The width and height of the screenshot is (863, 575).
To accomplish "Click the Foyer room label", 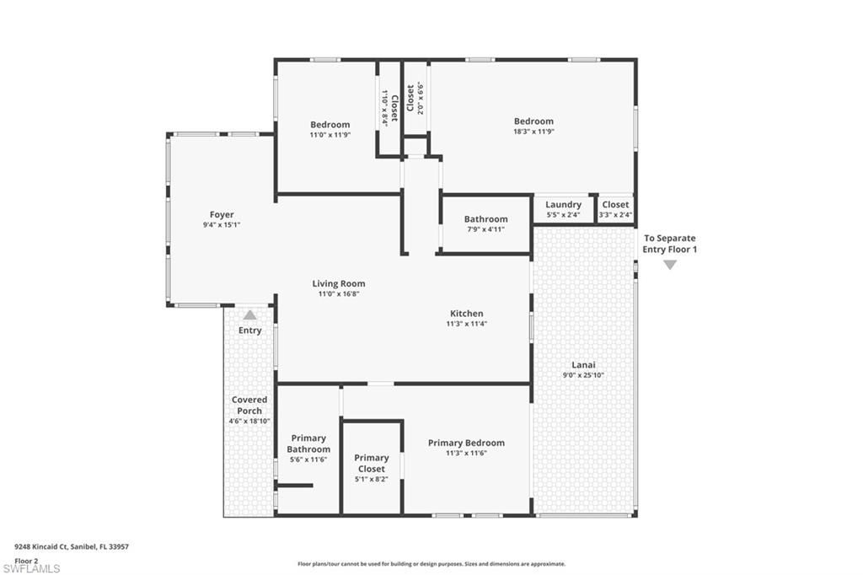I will pyautogui.click(x=222, y=215).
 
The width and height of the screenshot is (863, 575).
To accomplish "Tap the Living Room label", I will pyautogui.click(x=339, y=284).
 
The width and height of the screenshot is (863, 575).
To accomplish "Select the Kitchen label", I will pyautogui.click(x=466, y=314).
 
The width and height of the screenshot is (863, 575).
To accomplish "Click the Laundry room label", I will pyautogui.click(x=563, y=205).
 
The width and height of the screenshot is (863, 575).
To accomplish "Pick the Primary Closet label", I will pyautogui.click(x=372, y=464).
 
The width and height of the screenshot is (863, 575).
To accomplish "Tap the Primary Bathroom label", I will pyautogui.click(x=308, y=443).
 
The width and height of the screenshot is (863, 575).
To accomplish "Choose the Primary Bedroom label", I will pyautogui.click(x=466, y=443).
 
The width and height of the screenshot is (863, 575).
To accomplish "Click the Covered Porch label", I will pyautogui.click(x=249, y=406).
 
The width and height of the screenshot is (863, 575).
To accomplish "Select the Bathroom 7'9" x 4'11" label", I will pyautogui.click(x=485, y=219).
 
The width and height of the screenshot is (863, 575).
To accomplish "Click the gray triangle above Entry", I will pyautogui.click(x=250, y=314).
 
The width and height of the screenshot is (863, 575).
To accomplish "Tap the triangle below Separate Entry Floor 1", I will pyautogui.click(x=670, y=265).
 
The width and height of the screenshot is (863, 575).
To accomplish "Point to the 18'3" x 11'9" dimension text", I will pyautogui.click(x=533, y=132).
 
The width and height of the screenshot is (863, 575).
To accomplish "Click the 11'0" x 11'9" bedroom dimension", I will pyautogui.click(x=330, y=135).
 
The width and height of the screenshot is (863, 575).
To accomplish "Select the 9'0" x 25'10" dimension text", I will pyautogui.click(x=583, y=375).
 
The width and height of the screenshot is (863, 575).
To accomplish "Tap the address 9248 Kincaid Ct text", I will pyautogui.click(x=72, y=547).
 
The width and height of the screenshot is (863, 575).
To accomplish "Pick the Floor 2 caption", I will pyautogui.click(x=26, y=559).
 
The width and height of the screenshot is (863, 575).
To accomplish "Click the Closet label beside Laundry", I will pyautogui.click(x=615, y=205).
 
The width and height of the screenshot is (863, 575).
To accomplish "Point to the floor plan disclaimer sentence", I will pyautogui.click(x=431, y=564).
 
